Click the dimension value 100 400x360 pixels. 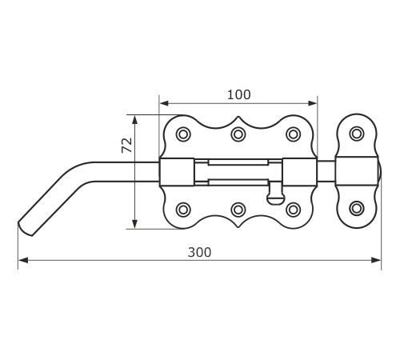239,95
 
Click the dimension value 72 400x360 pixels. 127,146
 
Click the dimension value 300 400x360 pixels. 199,252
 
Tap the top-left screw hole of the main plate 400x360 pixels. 183,134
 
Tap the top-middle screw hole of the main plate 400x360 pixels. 238,134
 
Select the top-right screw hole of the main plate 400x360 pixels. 294,134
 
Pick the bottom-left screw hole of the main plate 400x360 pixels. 183,210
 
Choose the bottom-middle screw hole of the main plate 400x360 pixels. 238,210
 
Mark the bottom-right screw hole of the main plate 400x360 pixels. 294,210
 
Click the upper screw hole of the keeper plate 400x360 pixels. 357,134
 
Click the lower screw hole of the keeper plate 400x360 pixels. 357,208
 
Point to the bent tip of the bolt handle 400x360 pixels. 26,229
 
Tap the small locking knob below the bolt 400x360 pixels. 276,194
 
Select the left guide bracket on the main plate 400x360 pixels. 177,172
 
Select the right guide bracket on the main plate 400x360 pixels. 300,172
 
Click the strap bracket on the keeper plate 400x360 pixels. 357,171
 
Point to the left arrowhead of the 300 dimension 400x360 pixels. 23,260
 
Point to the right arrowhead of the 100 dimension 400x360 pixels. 312,103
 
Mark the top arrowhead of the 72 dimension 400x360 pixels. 135,120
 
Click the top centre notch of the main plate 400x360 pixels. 238,117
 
